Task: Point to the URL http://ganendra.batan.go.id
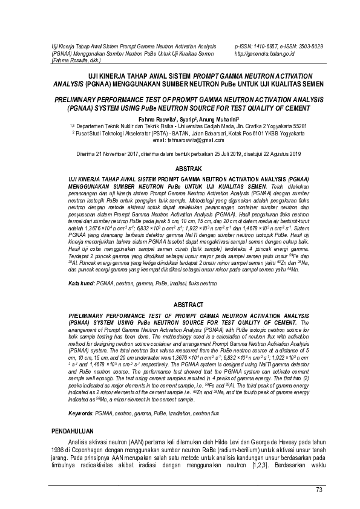point(264,53)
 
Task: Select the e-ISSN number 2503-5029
point(309,47)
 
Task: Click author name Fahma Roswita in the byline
point(158,119)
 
